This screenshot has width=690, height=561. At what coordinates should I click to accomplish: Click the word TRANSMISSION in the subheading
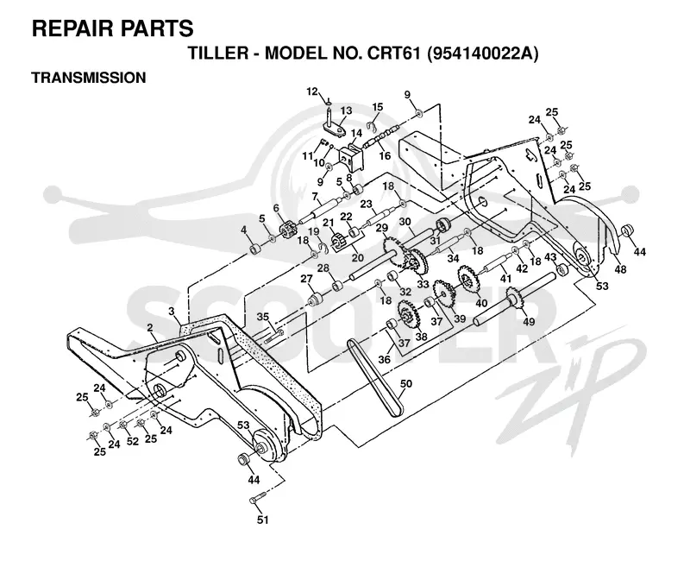(x=89, y=78)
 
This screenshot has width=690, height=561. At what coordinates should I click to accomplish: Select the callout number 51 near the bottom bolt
(x=262, y=520)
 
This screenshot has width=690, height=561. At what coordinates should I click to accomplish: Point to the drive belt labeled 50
(x=374, y=379)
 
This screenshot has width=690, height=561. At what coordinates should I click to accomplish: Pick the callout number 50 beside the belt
(x=405, y=384)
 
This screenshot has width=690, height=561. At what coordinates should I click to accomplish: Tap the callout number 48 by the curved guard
(x=619, y=268)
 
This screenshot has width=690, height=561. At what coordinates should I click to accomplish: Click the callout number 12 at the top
(x=312, y=91)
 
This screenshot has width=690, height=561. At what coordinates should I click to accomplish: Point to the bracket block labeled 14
(x=352, y=156)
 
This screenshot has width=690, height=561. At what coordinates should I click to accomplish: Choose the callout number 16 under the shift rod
(x=385, y=156)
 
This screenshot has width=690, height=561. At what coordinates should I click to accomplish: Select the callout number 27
(x=306, y=279)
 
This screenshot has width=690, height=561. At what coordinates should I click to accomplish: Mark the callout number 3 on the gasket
(x=172, y=312)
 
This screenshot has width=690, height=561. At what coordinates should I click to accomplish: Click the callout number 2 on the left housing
(x=150, y=328)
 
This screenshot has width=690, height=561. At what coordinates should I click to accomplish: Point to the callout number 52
(x=133, y=441)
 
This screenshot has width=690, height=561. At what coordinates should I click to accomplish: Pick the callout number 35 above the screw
(x=263, y=317)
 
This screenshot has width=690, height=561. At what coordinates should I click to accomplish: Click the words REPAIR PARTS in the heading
(x=113, y=28)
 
